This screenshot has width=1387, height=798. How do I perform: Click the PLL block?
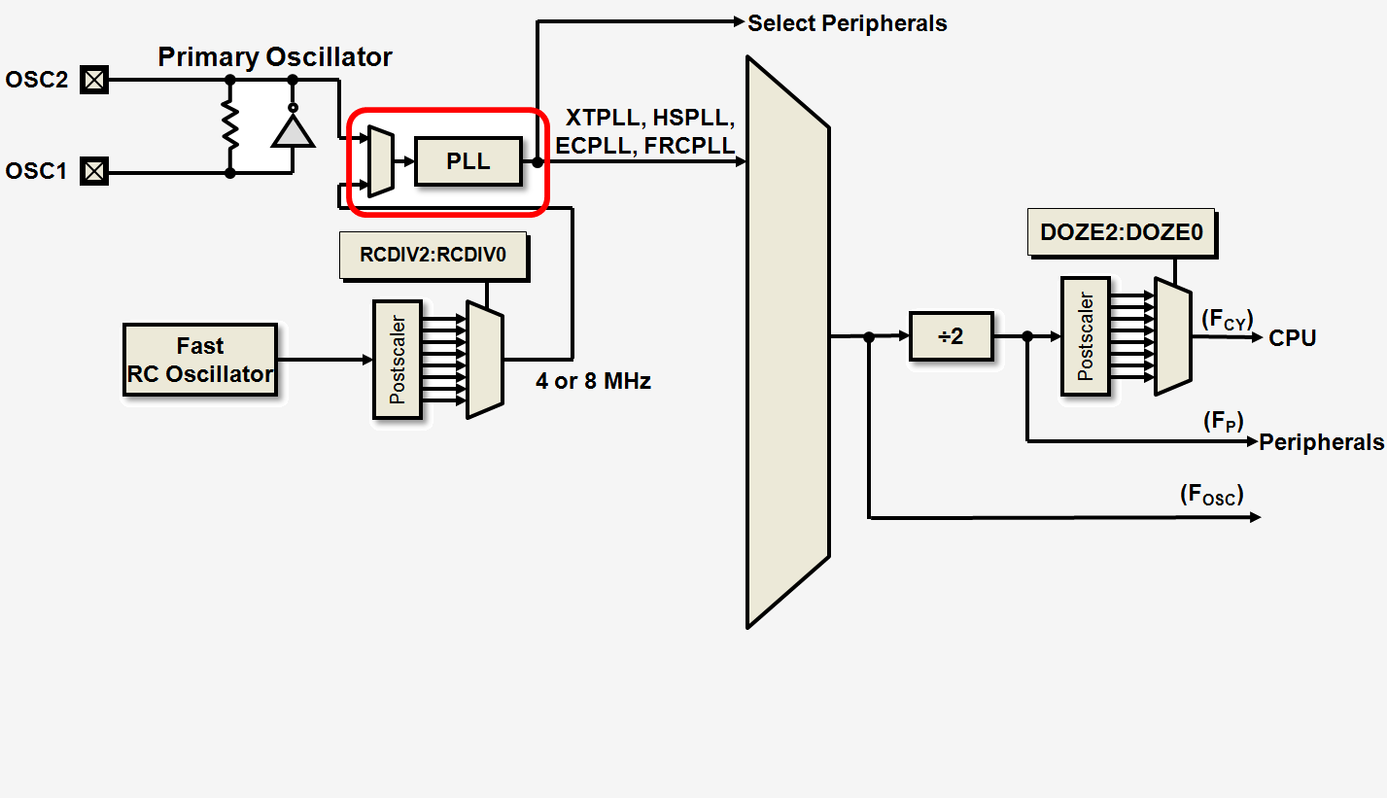468,161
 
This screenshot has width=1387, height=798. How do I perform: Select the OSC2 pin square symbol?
94,80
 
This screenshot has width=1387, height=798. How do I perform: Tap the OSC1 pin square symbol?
94,172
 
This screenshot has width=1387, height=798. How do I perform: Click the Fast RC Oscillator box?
200,360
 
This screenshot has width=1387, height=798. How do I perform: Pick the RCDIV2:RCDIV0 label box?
433,257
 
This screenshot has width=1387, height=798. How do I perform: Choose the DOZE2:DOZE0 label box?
1122,233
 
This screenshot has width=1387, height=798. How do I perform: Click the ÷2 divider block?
951,336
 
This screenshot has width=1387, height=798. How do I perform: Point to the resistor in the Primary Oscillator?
230,125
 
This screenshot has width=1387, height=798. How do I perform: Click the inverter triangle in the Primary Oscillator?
293,129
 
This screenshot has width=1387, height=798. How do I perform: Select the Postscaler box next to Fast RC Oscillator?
398,360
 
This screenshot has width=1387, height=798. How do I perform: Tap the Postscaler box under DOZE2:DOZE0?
1086,336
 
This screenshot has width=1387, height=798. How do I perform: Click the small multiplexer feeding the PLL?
381,160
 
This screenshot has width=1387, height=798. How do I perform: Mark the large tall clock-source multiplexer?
787,340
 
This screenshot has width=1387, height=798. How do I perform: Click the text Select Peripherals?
847,23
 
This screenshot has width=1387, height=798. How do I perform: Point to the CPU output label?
1293,338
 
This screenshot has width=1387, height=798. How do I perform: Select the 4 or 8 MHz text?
593,381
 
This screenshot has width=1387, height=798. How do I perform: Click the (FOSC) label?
1211,495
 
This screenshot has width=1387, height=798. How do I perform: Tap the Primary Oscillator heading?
275,56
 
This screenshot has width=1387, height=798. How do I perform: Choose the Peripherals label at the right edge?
1322,442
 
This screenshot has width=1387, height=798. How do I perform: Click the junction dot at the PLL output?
537,162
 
